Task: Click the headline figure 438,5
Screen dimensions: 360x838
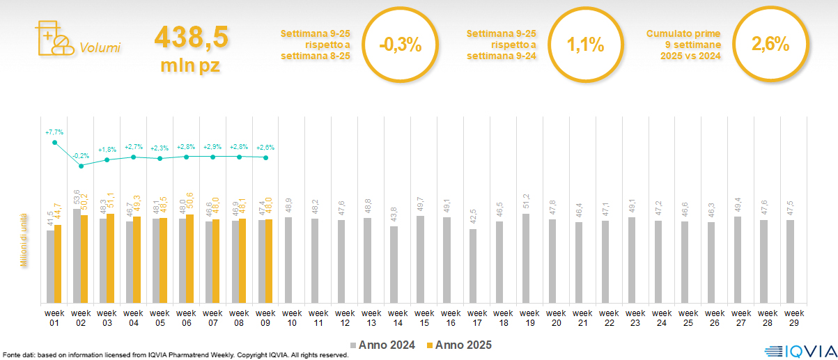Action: click(x=191, y=38)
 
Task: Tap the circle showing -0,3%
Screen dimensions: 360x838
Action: click(x=401, y=45)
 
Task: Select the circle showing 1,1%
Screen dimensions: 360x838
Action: click(x=585, y=45)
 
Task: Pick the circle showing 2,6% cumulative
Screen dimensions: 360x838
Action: click(x=770, y=45)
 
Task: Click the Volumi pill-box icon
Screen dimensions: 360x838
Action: click(x=54, y=38)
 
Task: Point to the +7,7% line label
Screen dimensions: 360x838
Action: click(x=54, y=132)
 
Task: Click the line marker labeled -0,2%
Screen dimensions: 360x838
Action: click(x=81, y=166)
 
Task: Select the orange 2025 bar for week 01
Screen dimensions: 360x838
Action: click(x=58, y=264)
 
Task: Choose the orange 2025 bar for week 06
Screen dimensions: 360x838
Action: click(x=190, y=258)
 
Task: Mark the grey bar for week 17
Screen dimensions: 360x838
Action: click(x=473, y=266)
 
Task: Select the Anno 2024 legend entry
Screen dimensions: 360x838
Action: click(x=383, y=345)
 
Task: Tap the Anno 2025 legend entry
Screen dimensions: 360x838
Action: click(x=459, y=345)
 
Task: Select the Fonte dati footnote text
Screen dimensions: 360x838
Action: click(x=174, y=355)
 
